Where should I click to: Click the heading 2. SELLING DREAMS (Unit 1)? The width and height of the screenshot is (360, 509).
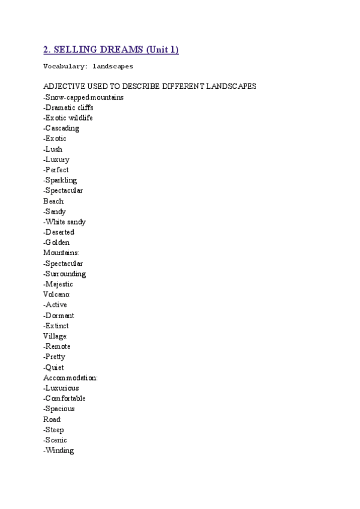tap(111, 49)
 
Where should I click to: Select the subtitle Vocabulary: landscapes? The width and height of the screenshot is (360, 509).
tap(88, 67)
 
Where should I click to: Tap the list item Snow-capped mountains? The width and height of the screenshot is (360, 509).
tap(83, 97)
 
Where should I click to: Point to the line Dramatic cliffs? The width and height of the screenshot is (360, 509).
tap(68, 107)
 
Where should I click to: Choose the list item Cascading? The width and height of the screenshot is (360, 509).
tap(61, 128)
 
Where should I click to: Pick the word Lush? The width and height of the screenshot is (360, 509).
tap(53, 149)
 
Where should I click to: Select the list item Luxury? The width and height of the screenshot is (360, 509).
tap(56, 160)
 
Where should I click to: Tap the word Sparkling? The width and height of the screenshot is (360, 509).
tap(61, 180)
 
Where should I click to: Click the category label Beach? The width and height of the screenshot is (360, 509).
tap(54, 201)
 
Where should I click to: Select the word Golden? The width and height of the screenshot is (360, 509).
tap(58, 242)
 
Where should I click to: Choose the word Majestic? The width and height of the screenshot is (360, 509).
tap(59, 284)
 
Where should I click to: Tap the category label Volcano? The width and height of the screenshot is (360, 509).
tap(57, 295)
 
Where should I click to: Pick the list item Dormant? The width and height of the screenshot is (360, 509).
tap(60, 316)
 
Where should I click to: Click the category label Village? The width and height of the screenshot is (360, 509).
tap(56, 336)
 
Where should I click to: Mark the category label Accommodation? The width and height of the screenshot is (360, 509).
tap(70, 378)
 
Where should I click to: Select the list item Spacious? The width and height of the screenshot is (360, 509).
tap(60, 409)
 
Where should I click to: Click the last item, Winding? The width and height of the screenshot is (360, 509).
tap(59, 450)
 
